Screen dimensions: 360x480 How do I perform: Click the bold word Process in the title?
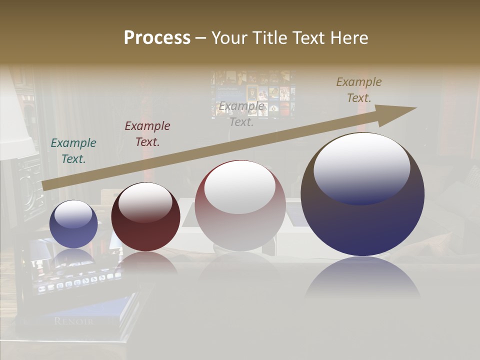click(x=157, y=38)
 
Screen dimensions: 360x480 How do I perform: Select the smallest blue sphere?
click(x=73, y=224)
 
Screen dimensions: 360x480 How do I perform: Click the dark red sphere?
click(x=145, y=217)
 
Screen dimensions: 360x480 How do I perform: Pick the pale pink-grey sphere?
click(x=240, y=205)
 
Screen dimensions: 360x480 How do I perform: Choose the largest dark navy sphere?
click(x=362, y=195)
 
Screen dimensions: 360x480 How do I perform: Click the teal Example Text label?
click(x=73, y=151)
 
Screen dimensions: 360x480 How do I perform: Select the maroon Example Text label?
click(x=147, y=134)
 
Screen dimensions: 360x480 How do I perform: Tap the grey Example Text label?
click(x=241, y=114)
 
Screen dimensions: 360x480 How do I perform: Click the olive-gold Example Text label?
click(x=358, y=90)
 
